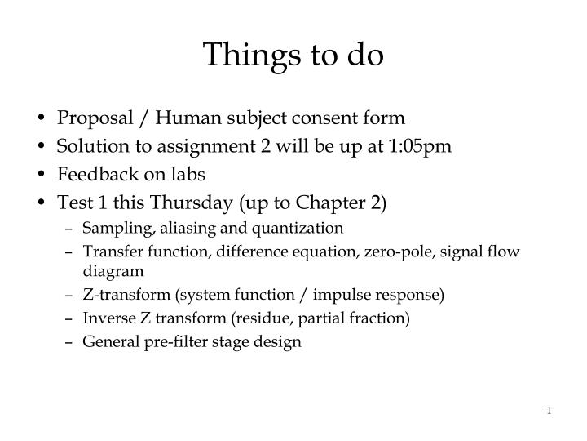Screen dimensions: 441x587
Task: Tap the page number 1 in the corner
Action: point(549,410)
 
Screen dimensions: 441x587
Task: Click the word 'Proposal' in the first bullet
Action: point(88,118)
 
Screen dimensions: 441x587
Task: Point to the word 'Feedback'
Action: point(90,174)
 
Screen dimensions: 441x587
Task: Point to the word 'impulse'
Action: point(353,294)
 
